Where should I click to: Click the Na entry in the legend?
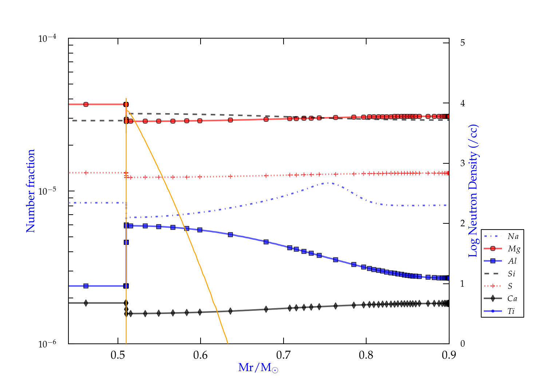tap(513, 236)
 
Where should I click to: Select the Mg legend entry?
tap(514, 249)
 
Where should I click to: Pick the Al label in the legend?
tap(513, 261)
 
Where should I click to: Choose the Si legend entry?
tap(511, 274)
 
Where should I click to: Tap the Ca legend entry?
tap(512, 299)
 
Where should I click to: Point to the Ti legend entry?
tap(511, 311)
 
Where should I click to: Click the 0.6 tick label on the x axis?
tap(201, 355)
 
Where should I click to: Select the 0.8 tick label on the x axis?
tap(366, 355)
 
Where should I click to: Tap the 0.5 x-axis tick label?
tap(118, 355)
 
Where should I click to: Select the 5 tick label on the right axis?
tap(463, 43)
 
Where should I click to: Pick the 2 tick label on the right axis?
tap(463, 223)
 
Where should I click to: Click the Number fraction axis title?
tap(31, 191)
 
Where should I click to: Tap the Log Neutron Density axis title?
tap(473, 191)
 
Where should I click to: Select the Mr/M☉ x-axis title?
tap(258, 368)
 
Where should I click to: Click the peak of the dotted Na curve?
tap(328, 183)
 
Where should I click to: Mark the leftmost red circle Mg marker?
tap(86, 104)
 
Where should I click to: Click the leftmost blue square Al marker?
tap(86, 286)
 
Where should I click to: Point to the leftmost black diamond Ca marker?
tap(86, 303)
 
